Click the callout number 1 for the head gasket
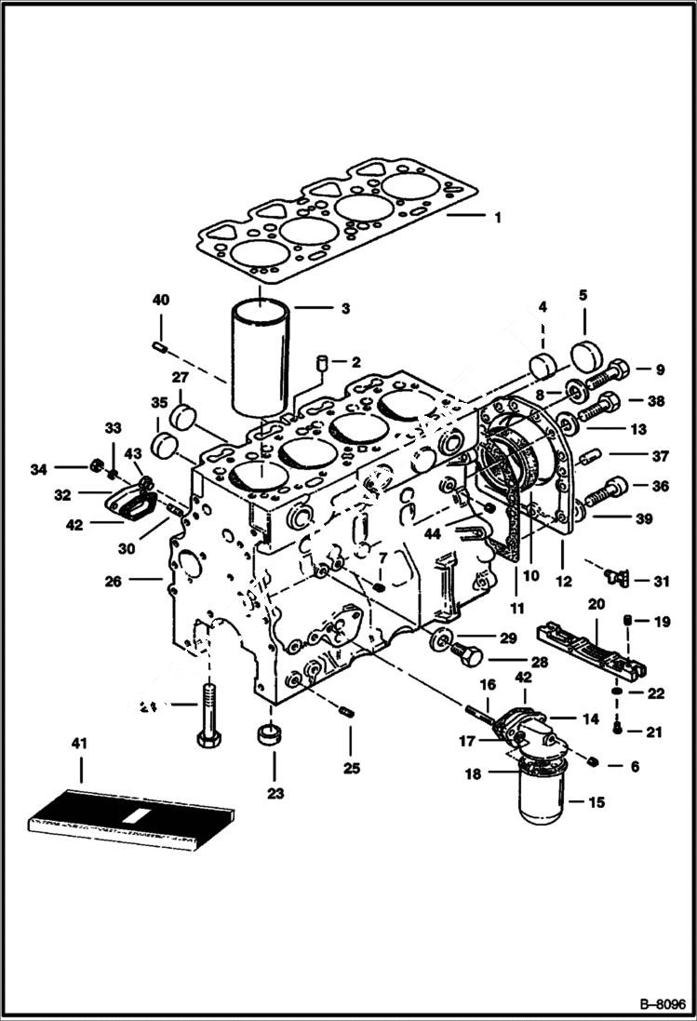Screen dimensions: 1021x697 (x=497, y=218)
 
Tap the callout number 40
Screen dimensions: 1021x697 (x=162, y=300)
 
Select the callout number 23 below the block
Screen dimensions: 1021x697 (x=275, y=794)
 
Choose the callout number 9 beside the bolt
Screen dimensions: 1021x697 (x=660, y=369)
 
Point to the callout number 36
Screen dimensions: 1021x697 (x=660, y=486)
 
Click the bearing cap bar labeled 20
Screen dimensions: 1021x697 (x=592, y=647)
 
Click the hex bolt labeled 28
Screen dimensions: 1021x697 (x=468, y=656)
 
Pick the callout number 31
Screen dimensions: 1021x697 (x=661, y=582)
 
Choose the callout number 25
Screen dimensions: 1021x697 (x=350, y=769)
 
